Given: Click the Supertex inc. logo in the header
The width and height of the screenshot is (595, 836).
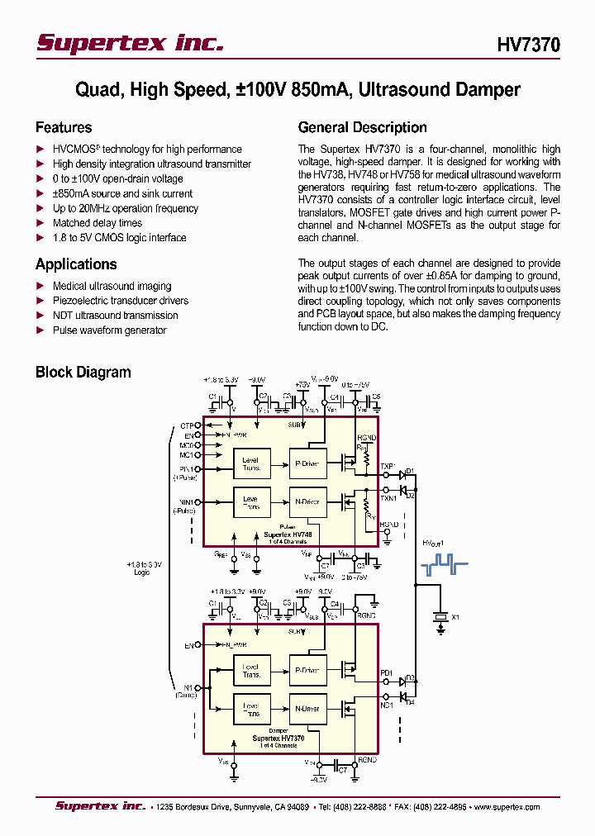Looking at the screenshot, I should pos(130,44).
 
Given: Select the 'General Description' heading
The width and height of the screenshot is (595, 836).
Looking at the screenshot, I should pos(362,127).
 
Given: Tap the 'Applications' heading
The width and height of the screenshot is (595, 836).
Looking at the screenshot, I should pos(76,264).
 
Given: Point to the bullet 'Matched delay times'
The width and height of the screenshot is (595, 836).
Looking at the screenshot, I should pos(98,223).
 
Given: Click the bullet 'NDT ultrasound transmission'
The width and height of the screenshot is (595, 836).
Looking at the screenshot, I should pos(115,316).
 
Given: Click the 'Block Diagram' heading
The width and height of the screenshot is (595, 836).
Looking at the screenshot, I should pos(83,372).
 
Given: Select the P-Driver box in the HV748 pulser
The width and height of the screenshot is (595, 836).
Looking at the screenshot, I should pos(307,464).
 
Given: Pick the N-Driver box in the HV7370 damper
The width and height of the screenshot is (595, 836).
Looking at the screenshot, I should pos(307,709).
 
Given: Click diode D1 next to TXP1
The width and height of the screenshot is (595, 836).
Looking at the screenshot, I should pos(403,475).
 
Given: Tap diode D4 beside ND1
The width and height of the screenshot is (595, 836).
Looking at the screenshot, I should pos(404,696).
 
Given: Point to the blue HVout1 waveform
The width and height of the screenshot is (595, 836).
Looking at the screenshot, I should pos(445,566).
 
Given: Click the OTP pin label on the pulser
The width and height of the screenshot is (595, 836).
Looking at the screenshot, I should pos(187,426).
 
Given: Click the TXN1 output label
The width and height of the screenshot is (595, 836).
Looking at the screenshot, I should pos(388,498).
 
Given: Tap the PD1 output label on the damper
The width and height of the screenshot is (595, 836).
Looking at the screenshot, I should pos(386,673).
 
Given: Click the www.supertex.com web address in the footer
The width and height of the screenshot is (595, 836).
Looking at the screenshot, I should pos(505,807).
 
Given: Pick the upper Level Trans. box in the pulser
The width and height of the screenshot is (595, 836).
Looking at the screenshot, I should pos(250,464).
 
